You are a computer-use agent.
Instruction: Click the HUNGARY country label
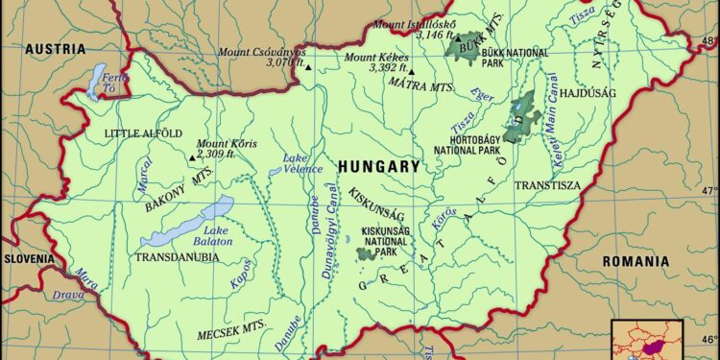click(x=378, y=166)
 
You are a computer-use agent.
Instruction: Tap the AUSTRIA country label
click(x=55, y=49)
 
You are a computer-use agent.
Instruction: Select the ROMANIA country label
click(x=635, y=261)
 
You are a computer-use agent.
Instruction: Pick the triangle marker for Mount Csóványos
click(x=308, y=67)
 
